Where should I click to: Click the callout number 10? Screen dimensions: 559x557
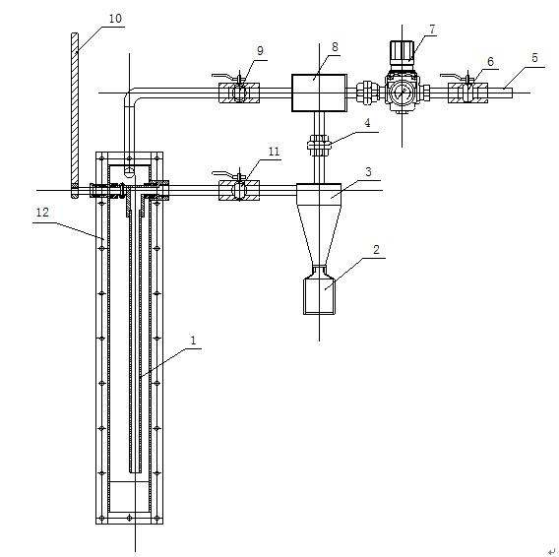(x=115, y=18)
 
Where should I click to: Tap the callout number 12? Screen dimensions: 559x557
(x=42, y=213)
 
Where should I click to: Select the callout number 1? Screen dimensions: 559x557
(x=193, y=340)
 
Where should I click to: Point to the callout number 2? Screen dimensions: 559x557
(x=377, y=250)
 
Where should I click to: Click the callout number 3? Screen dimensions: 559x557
(x=368, y=172)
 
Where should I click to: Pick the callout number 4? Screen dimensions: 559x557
(x=367, y=123)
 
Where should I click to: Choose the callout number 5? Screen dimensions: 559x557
(x=534, y=57)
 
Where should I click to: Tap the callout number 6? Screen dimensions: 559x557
(x=490, y=62)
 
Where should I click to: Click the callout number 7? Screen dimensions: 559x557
(x=432, y=30)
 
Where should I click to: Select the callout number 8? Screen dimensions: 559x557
(x=335, y=46)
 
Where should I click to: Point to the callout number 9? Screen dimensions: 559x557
(x=260, y=50)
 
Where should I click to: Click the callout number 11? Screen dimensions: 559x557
(x=274, y=152)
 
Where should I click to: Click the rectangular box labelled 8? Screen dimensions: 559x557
(x=319, y=93)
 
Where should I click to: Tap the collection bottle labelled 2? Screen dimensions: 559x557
(x=319, y=292)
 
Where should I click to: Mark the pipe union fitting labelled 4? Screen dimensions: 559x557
(x=319, y=145)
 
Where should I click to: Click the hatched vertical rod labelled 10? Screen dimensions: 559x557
(x=75, y=115)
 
